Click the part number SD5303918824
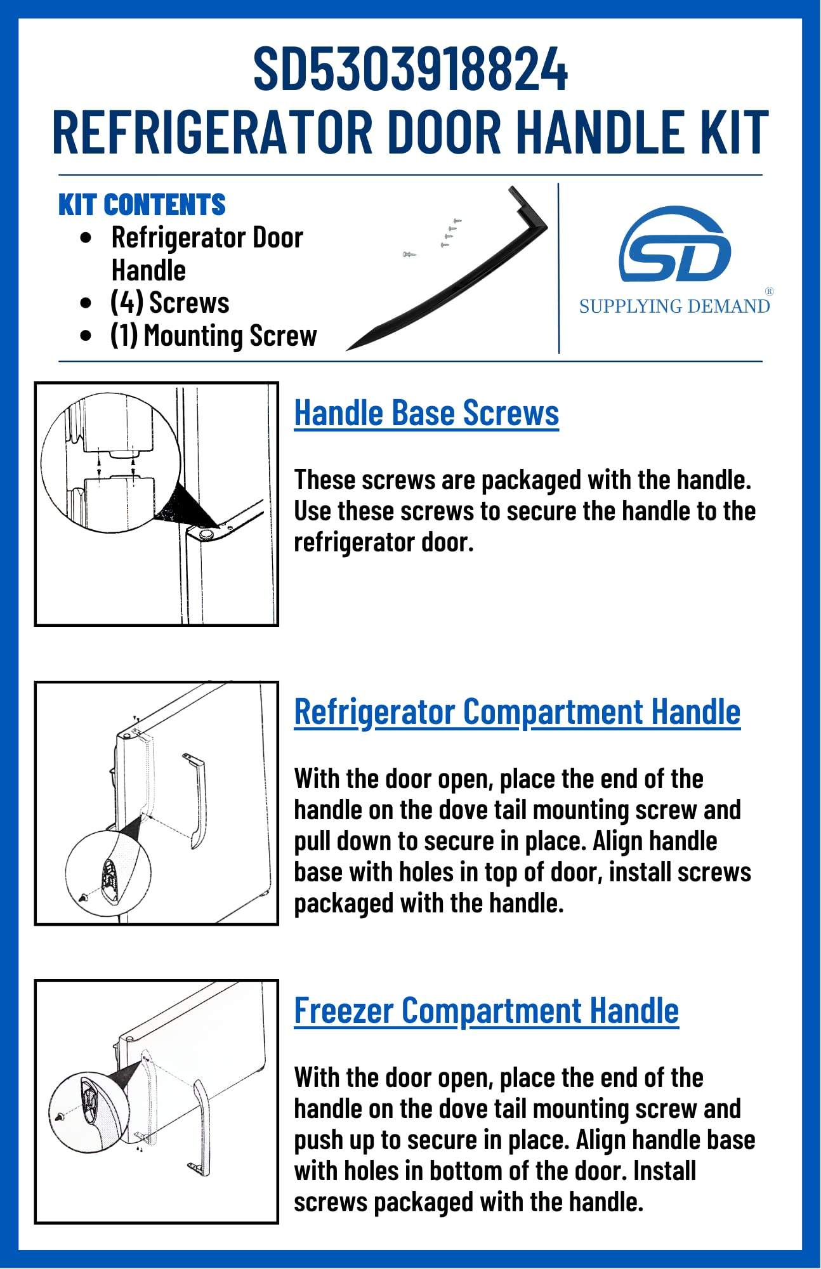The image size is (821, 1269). [410, 69]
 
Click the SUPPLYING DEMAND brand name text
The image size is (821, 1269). [674, 306]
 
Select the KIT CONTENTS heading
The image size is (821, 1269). [142, 204]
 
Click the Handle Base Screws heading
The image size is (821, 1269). [426, 413]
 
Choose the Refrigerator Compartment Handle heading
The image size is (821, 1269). [517, 711]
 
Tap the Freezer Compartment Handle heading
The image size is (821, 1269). [486, 1010]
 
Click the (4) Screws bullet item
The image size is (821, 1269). [169, 303]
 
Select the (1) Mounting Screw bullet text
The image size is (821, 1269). [213, 336]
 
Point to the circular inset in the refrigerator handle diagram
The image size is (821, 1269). [108, 870]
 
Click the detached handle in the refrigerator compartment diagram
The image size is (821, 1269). [196, 799]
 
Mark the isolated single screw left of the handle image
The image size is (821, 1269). [409, 254]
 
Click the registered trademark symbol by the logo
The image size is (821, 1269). [769, 291]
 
